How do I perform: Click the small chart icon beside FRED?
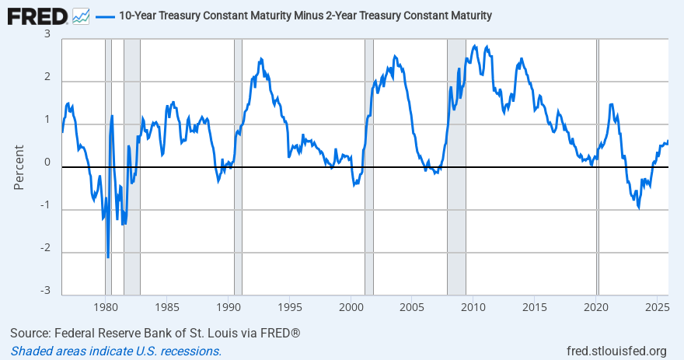click(x=81, y=16)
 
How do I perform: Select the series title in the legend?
click(x=305, y=16)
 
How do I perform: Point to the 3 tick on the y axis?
click(x=47, y=35)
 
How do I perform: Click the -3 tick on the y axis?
click(x=45, y=291)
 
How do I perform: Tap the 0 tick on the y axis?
click(x=47, y=163)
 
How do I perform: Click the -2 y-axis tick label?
click(x=45, y=248)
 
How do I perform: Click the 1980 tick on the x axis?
click(x=105, y=306)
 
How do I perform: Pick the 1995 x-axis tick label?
click(x=289, y=306)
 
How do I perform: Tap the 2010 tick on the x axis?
click(x=473, y=306)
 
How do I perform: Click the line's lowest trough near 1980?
click(x=108, y=257)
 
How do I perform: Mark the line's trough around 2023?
click(x=639, y=208)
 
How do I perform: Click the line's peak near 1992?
click(x=260, y=58)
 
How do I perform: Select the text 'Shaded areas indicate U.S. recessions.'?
click(x=116, y=351)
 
